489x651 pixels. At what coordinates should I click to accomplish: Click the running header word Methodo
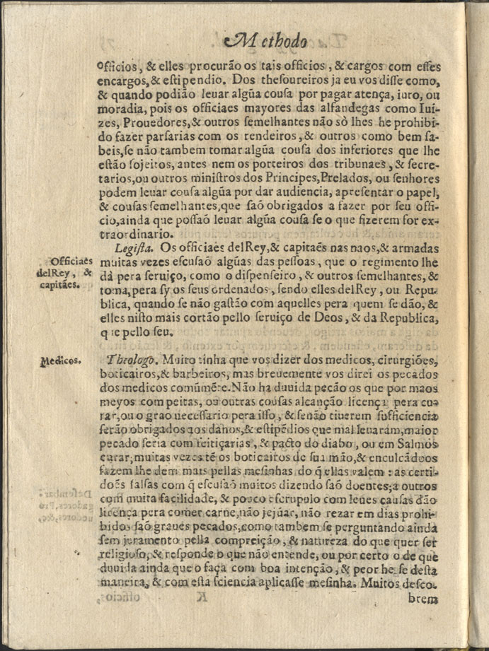265,41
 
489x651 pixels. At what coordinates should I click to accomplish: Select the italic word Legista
134,250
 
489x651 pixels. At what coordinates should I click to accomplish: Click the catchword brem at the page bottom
424,599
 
